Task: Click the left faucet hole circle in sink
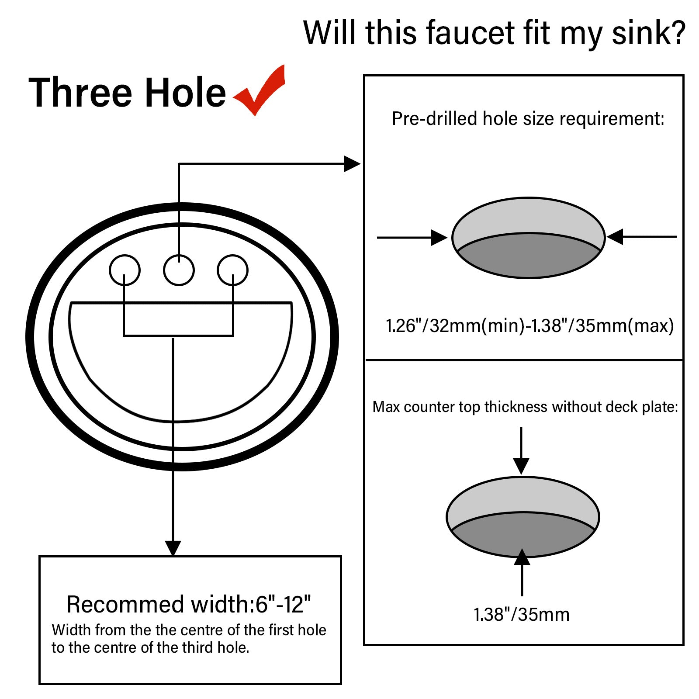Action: [125, 270]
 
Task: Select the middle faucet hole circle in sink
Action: [179, 270]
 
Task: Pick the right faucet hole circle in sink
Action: [232, 270]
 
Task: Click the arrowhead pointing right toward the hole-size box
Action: [352, 164]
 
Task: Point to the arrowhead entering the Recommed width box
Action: [173, 548]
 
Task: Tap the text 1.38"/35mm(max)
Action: [603, 326]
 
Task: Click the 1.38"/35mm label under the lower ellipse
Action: [522, 615]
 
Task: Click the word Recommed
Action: [125, 604]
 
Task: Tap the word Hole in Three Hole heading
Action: [185, 93]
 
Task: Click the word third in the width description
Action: [198, 647]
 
